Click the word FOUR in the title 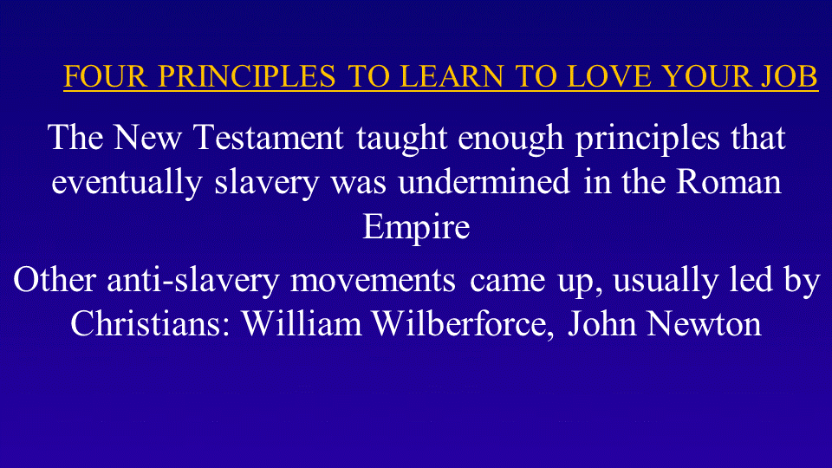105,76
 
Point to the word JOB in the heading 790,76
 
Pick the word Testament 269,138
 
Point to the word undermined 484,182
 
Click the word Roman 729,182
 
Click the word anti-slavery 193,281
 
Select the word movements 373,281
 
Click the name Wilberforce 459,323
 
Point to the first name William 302,323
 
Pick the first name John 601,323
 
